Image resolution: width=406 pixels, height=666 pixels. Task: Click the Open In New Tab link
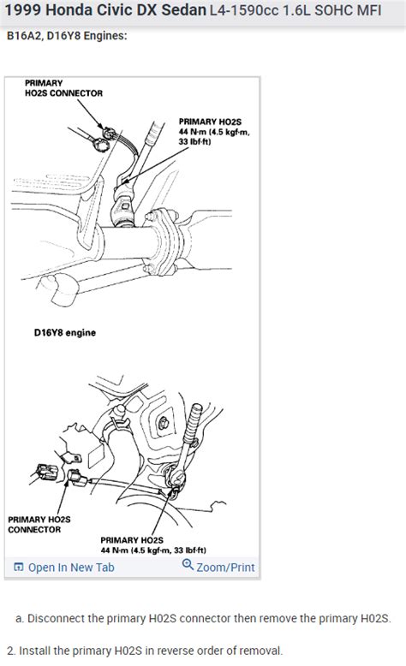tap(70, 567)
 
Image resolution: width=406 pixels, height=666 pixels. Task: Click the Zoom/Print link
tap(224, 567)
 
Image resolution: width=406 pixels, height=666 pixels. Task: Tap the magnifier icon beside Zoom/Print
tap(188, 565)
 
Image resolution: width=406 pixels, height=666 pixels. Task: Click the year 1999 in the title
tap(26, 13)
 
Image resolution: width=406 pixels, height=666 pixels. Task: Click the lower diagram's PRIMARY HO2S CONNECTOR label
tap(34, 524)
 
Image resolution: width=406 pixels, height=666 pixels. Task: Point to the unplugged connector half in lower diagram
tap(44, 469)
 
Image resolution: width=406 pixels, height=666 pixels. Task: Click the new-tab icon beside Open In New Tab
tap(19, 567)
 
